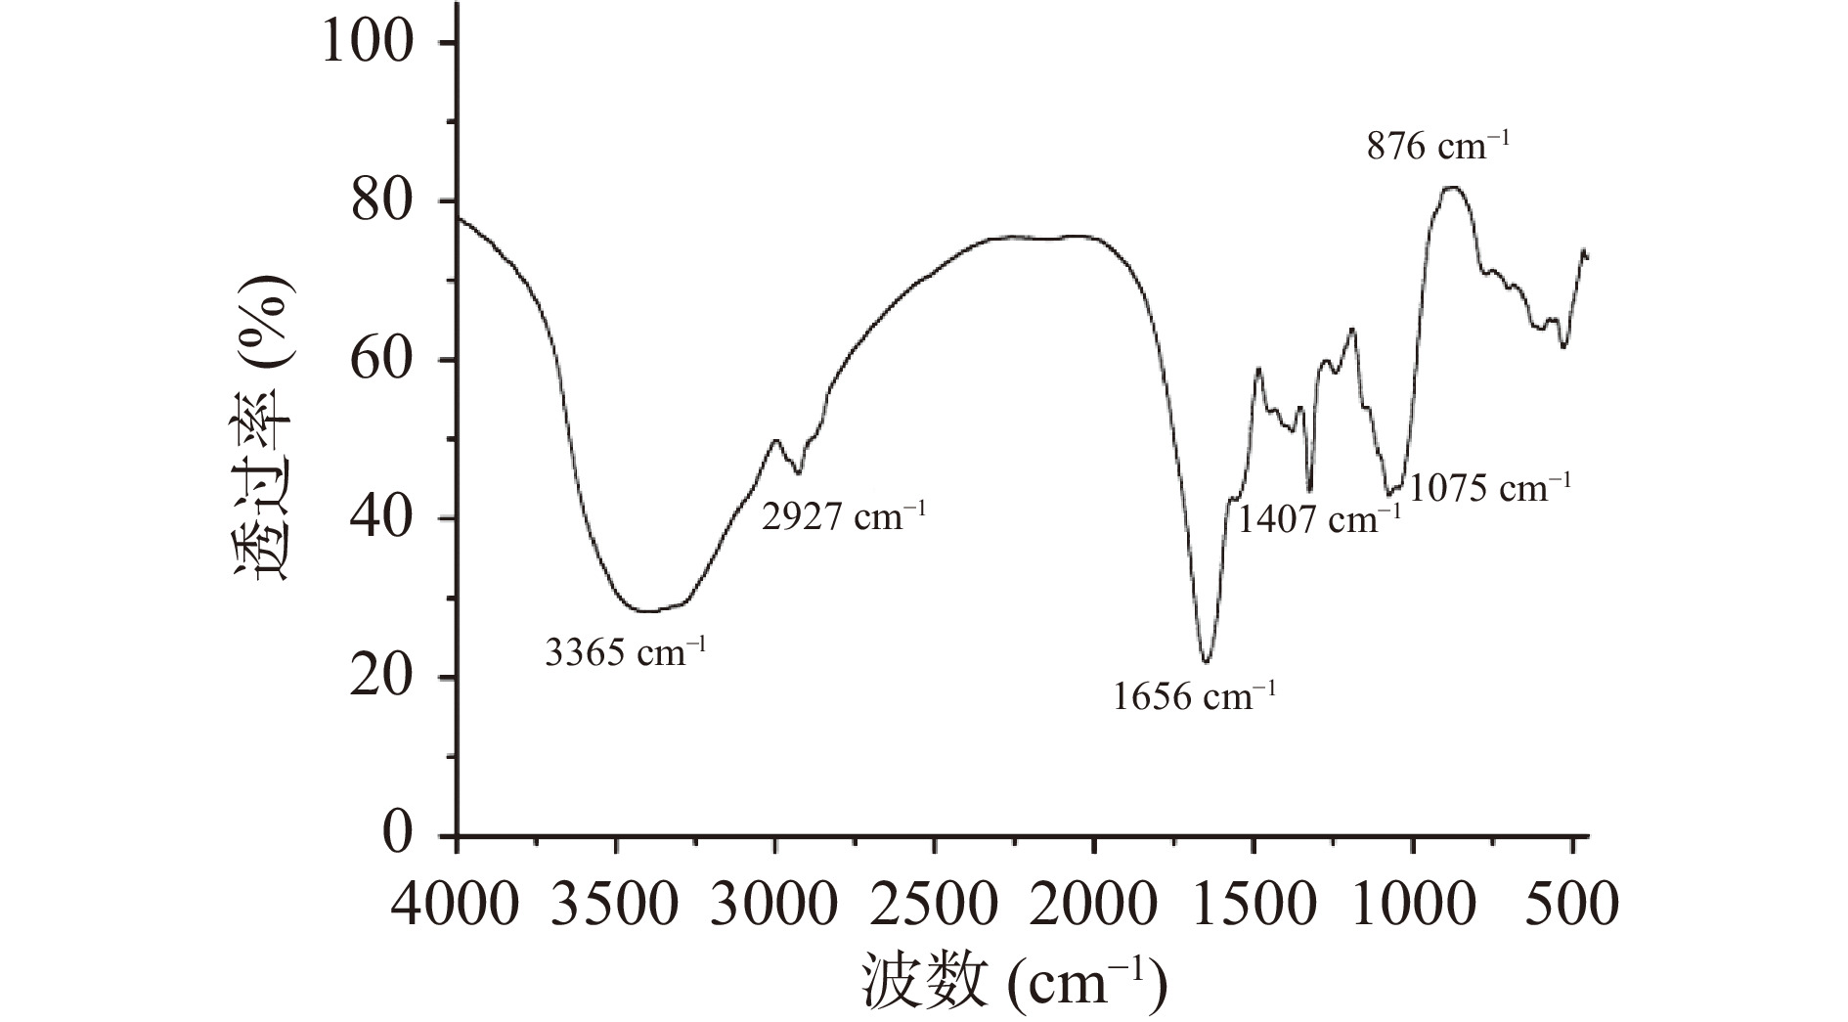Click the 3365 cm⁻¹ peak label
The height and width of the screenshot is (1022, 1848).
click(625, 651)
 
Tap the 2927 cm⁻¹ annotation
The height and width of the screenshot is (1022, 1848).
click(843, 515)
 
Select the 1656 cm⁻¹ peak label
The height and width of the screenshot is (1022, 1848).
click(1195, 696)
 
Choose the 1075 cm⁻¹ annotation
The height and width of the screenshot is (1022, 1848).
click(1490, 486)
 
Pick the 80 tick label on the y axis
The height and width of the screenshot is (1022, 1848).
click(396, 201)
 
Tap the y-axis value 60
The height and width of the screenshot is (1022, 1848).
click(396, 360)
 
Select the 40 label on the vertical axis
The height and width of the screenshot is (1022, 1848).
click(396, 518)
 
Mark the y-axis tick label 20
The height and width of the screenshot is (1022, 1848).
click(396, 677)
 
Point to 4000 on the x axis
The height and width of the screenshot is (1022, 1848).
click(454, 905)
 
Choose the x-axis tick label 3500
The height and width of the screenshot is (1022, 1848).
click(614, 905)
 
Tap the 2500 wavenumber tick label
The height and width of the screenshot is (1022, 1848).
click(934, 905)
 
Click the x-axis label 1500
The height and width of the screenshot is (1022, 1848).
click(1253, 905)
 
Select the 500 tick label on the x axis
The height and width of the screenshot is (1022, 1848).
click(1571, 905)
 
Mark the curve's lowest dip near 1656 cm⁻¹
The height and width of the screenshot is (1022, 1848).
click(1206, 661)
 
